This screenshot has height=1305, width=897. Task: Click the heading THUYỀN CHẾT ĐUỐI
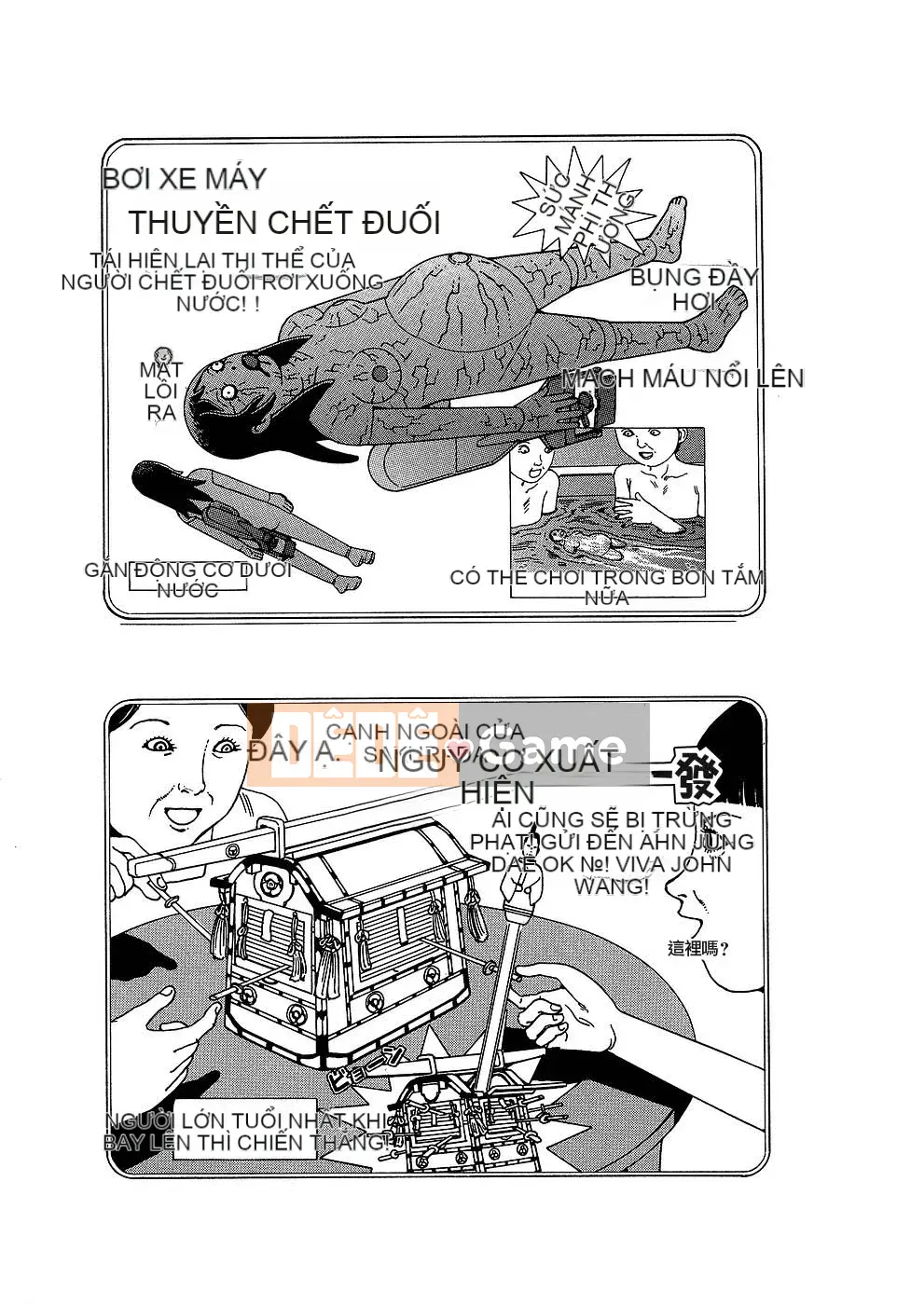[x=283, y=223]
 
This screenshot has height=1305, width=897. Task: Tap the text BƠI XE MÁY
[x=185, y=178]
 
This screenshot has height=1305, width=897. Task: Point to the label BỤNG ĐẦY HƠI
[x=693, y=289]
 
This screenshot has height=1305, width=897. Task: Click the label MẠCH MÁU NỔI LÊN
[x=683, y=378]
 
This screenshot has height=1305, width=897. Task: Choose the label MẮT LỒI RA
[x=161, y=391]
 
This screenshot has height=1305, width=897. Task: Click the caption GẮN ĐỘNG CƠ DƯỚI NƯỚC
[x=188, y=579]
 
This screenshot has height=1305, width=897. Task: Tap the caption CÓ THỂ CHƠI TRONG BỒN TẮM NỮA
[x=606, y=586]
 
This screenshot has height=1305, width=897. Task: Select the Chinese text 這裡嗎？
[x=698, y=948]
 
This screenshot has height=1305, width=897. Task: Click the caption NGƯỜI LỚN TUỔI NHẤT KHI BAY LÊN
[x=247, y=1131]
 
